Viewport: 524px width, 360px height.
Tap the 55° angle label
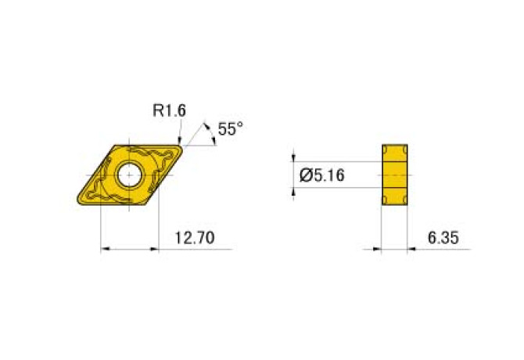point(231,129)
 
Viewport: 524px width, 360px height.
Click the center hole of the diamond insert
point(129,175)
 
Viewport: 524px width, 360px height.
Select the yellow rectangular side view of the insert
point(396,176)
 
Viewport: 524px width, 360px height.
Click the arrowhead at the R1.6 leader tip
point(181,141)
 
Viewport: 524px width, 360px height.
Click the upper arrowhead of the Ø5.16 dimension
point(294,159)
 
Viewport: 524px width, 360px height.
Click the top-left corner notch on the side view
point(385,149)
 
